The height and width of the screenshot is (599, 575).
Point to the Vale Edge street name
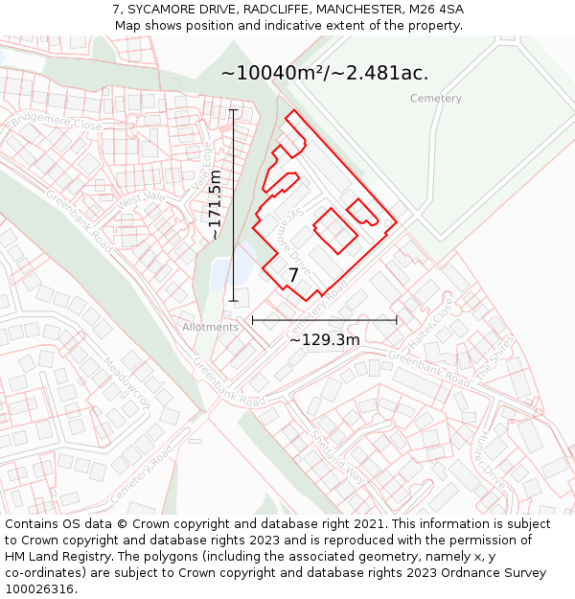click(201, 164)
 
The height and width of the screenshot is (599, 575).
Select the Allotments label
click(210, 327)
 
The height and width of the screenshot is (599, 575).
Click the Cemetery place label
click(435, 99)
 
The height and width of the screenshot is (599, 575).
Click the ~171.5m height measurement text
click(216, 204)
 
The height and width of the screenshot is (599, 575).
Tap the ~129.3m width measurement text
click(324, 339)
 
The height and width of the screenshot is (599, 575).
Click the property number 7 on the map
click(293, 275)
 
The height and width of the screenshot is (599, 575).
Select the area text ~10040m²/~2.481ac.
click(324, 73)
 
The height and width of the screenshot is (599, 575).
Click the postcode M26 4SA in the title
click(435, 10)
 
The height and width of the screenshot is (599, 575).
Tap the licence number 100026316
click(40, 589)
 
